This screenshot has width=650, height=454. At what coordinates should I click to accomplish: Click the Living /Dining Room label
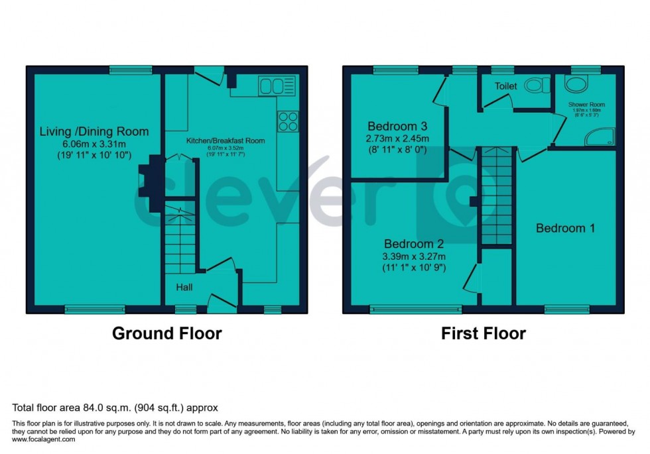(x=94, y=131)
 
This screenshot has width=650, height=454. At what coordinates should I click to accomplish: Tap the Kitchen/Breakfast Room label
(x=226, y=141)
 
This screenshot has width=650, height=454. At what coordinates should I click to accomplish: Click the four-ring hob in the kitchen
(x=287, y=121)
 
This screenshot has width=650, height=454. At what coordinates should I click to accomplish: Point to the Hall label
(x=184, y=288)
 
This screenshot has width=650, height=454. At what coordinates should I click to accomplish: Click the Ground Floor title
(x=166, y=333)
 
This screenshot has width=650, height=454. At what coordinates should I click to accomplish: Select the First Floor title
(x=484, y=333)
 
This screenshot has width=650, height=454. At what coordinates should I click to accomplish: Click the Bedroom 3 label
(x=397, y=126)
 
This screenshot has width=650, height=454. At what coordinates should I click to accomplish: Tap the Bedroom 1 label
(x=565, y=228)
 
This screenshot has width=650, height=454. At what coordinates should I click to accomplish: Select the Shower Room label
(x=586, y=105)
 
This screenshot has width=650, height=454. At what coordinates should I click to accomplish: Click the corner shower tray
(x=600, y=137)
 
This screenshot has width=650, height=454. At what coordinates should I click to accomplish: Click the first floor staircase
(x=497, y=196)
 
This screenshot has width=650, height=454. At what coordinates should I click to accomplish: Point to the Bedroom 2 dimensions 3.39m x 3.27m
(x=413, y=256)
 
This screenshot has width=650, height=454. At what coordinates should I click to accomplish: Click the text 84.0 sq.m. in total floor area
(x=98, y=408)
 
